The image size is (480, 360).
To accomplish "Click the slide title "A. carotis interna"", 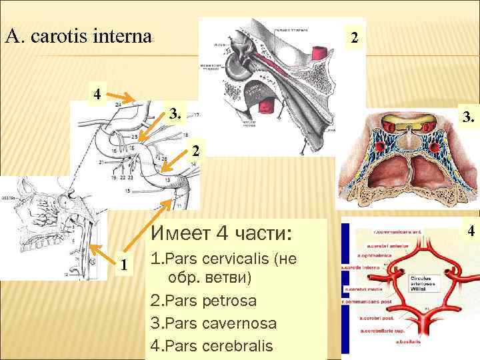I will click(79, 34).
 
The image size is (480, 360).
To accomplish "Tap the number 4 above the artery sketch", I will click(97, 94).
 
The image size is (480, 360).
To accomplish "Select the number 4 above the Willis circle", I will click(471, 231).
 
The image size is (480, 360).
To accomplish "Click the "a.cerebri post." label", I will click(377, 319).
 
